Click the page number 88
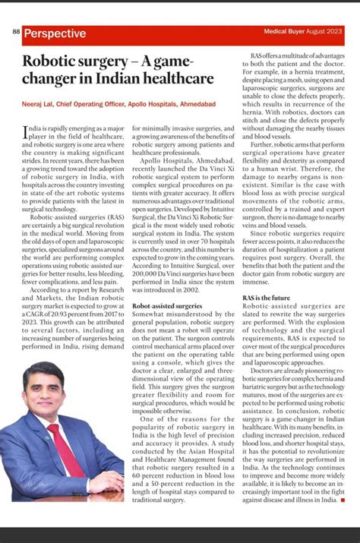pos(17,33)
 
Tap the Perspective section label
pos(55,34)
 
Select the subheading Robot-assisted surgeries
pos(167,305)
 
